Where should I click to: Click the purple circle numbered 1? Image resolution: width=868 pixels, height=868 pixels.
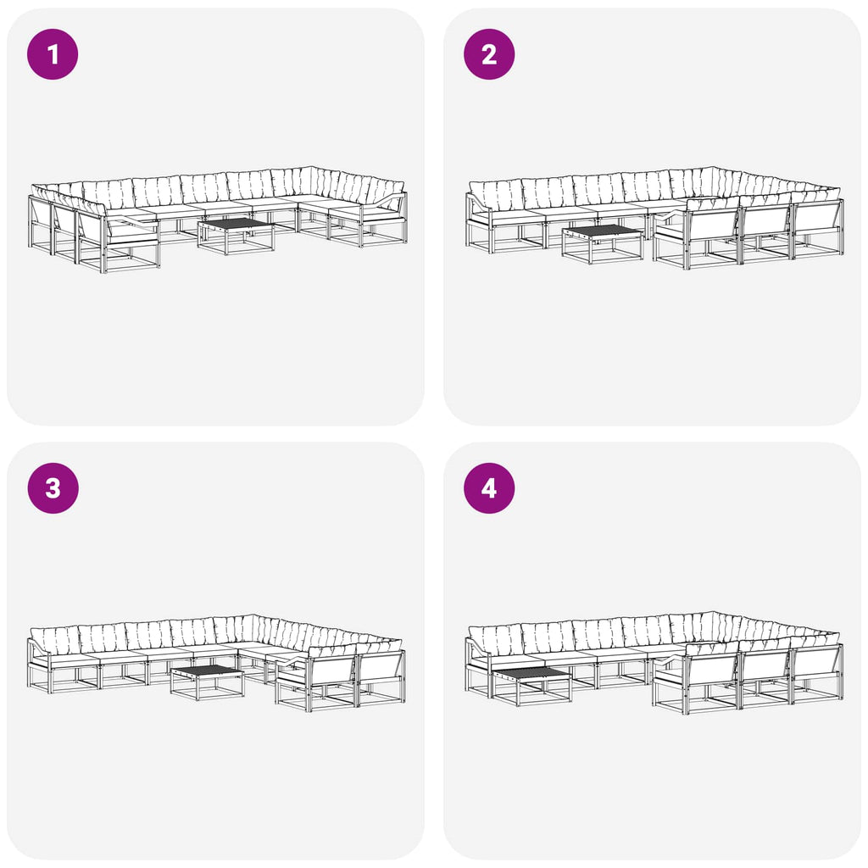53,54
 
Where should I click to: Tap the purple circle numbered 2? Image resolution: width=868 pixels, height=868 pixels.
489,54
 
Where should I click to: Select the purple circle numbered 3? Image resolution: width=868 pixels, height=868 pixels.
53,488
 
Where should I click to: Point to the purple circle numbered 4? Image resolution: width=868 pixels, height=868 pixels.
489,488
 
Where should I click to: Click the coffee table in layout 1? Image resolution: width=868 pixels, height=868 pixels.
236,236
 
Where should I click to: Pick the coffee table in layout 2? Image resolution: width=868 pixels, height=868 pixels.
602,244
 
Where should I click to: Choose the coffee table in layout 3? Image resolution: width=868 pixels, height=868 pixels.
207,682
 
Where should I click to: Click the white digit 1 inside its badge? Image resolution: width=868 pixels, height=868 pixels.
53,54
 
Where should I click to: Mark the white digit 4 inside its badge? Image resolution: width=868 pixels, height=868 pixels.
489,488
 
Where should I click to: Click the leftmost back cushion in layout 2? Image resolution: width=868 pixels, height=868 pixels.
495,195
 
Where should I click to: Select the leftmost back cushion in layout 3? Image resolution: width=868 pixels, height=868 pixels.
55,641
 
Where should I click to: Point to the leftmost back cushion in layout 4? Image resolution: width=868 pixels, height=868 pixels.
495,640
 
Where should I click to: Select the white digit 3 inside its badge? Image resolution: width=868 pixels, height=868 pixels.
53,488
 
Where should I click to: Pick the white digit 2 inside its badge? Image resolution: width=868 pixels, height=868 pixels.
489,54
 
